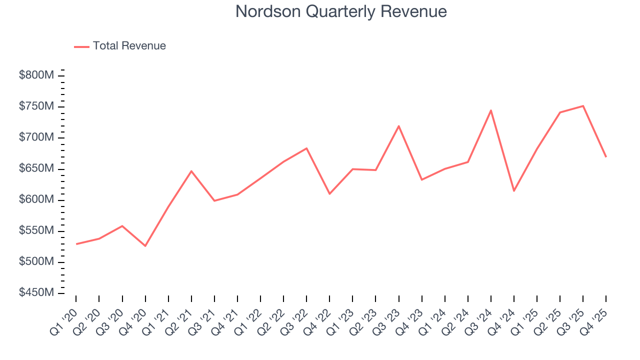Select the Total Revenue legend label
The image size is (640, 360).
pyautogui.click(x=129, y=46)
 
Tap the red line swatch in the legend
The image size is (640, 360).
pyautogui.click(x=81, y=46)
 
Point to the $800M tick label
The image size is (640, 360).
pyautogui.click(x=36, y=75)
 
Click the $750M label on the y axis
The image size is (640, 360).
pyautogui.click(x=36, y=106)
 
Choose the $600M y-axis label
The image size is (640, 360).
pyautogui.click(x=36, y=200)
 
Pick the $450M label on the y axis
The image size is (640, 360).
pyautogui.click(x=36, y=293)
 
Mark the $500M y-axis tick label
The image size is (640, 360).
pyautogui.click(x=36, y=262)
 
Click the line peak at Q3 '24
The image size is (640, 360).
pyautogui.click(x=491, y=110)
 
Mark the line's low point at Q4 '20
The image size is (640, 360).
pyautogui.click(x=145, y=246)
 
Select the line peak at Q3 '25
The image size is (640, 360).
pyautogui.click(x=583, y=106)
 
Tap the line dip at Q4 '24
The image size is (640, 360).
pyautogui.click(x=514, y=191)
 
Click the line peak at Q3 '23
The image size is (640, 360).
pyautogui.click(x=398, y=126)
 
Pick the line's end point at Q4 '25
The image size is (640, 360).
pyautogui.click(x=606, y=157)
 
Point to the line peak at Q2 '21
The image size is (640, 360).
pyautogui.click(x=191, y=171)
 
